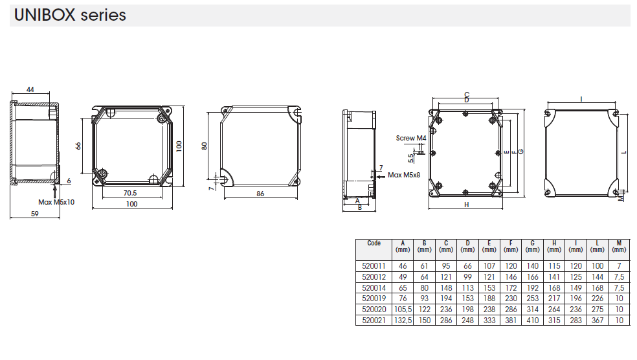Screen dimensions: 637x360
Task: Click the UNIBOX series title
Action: tap(70, 15)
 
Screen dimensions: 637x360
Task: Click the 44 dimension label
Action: tap(30, 89)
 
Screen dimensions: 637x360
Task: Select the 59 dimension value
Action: tap(35, 214)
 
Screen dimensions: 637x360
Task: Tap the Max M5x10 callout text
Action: tap(56, 202)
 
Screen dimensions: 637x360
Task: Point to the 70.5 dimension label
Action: tap(130, 193)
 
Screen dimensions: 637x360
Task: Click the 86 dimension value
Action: tap(260, 194)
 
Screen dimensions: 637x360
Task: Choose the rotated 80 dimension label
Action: tap(205, 146)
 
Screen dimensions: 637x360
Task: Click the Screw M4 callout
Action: tap(411, 138)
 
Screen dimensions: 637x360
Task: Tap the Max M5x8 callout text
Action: tap(404, 175)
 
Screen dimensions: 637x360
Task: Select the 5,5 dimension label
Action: tap(410, 158)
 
